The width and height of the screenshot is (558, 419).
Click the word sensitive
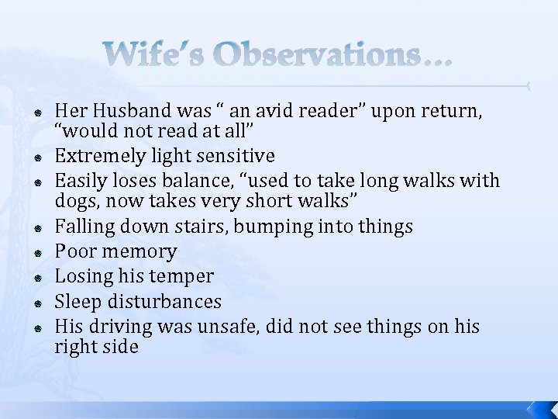click(239, 156)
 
